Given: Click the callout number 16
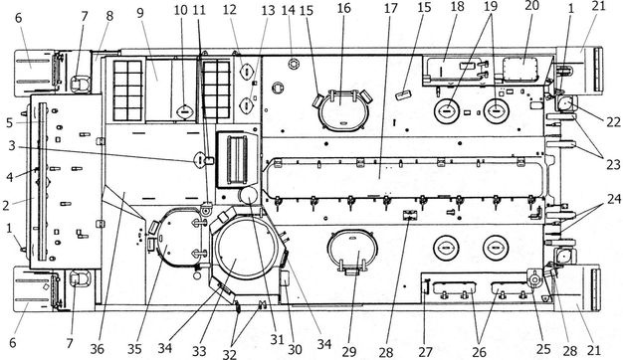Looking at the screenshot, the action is tap(344, 8).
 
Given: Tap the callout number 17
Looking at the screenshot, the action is tap(390, 8).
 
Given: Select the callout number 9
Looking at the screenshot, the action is tap(140, 12).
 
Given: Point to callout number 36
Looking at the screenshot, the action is tap(97, 349).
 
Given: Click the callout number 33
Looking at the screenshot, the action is tap(199, 351).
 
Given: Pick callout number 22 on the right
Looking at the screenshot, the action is tap(613, 122).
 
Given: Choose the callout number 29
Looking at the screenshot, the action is tap(349, 351).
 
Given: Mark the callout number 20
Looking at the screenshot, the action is tap(531, 6).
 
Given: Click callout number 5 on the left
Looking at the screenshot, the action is tap(10, 123).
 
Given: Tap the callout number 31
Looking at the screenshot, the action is tap(277, 339).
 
